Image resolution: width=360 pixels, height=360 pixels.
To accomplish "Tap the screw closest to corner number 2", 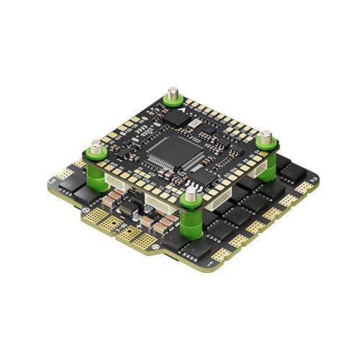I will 266,135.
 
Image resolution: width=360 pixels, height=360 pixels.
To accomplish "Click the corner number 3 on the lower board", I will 51,180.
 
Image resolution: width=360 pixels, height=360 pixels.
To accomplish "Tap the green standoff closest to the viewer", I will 191,216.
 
